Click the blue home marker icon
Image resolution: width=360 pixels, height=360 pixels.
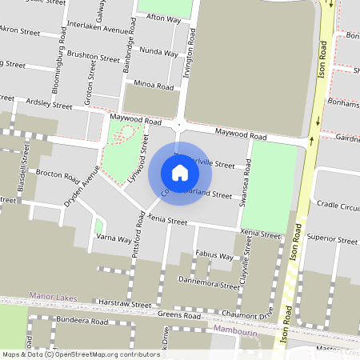pos(180,172)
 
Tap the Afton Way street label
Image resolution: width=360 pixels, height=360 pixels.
pos(164,18)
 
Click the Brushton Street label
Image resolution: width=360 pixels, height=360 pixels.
pos(94,58)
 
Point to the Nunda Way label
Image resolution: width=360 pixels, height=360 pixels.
pos(158,53)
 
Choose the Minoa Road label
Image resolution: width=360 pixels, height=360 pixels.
pos(154,86)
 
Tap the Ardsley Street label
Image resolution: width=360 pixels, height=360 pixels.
pos(50,103)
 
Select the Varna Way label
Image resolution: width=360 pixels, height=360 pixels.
pos(114,238)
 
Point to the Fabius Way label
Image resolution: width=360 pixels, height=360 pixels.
pos(214,257)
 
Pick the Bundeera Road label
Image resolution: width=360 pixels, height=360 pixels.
pos(82,321)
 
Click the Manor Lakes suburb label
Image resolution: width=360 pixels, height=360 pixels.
pos(54,297)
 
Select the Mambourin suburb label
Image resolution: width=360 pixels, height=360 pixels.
pos(238,329)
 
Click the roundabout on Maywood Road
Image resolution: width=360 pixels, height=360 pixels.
pos(179,125)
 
